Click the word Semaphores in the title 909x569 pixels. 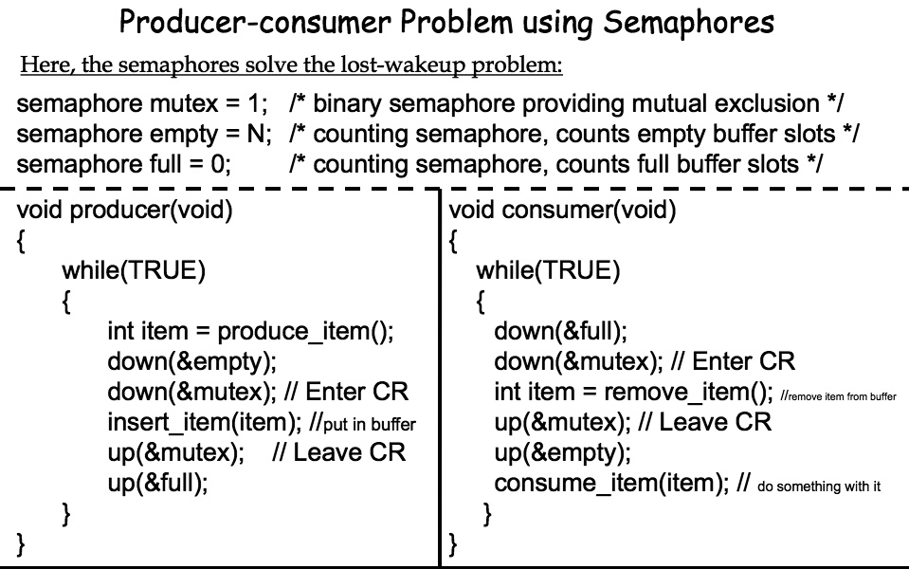tap(688, 23)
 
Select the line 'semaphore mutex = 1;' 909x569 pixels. tap(142, 103)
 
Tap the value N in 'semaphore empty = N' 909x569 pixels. tap(256, 134)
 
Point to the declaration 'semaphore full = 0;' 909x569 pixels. tap(123, 164)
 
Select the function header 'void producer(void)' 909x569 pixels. tap(124, 210)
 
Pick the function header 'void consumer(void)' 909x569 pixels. tap(562, 210)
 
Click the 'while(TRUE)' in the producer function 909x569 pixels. tap(134, 270)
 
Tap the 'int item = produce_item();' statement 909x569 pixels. tap(250, 331)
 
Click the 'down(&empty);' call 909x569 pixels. tap(191, 361)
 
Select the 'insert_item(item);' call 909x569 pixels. tap(204, 422)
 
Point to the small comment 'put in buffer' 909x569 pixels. tap(370, 425)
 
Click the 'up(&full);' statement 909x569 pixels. tap(157, 483)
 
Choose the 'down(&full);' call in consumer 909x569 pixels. tap(560, 331)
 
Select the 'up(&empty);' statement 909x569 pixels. tap(562, 452)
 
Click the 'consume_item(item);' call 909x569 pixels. tap(611, 483)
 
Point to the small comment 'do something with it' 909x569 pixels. tap(819, 486)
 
